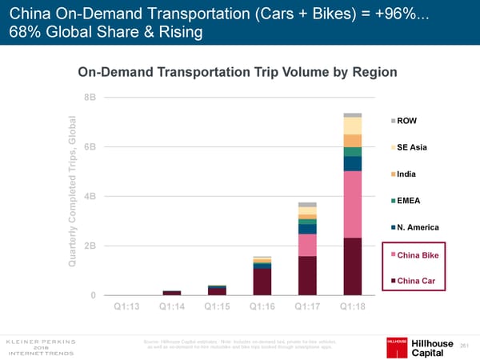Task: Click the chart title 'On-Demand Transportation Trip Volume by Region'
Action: pos(237,72)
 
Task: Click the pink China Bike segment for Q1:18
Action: pos(353,205)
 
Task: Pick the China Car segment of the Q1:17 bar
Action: pos(307,275)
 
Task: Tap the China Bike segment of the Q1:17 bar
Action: pos(307,245)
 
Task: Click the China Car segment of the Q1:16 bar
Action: pos(262,282)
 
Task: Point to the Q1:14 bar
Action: pos(172,293)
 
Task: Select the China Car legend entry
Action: pos(415,281)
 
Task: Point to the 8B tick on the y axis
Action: pos(89,98)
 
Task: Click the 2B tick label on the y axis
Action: pos(89,246)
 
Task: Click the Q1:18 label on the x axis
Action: pos(353,306)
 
